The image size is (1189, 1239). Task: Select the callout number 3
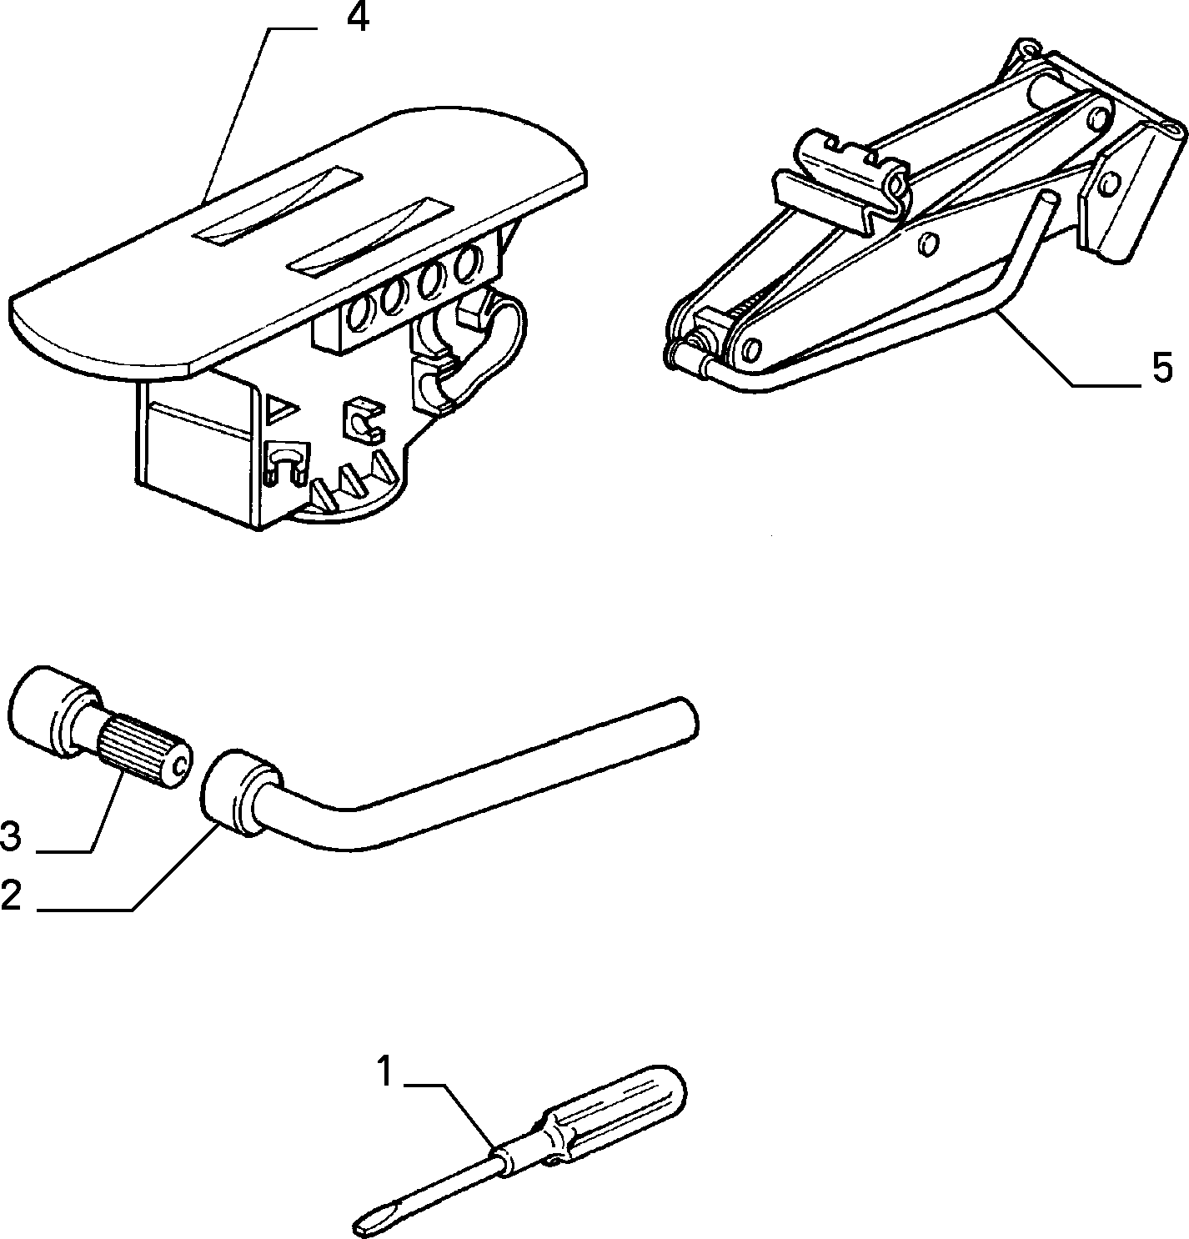[11, 837]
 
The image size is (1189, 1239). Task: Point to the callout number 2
[11, 895]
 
